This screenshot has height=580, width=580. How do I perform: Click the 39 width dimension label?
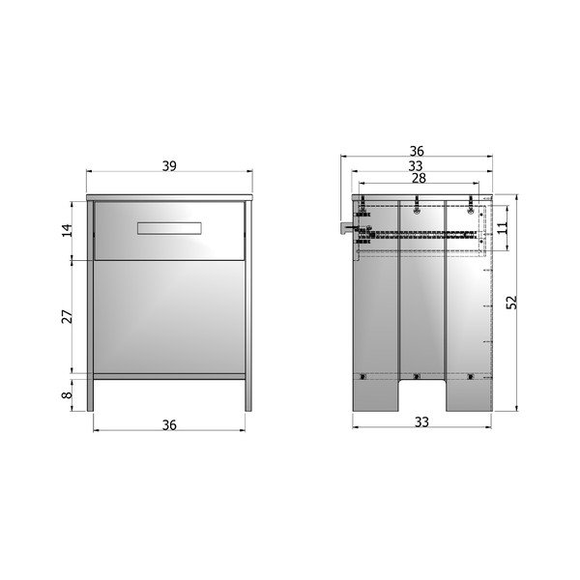(169, 166)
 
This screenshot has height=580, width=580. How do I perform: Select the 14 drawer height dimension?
(67, 230)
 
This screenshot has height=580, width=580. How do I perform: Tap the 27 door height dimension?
(67, 317)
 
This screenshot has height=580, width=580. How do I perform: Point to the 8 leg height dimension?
(67, 394)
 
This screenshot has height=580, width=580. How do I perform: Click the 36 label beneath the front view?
(169, 425)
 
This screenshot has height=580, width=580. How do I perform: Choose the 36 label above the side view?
(417, 151)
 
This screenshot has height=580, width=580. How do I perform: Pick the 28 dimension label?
(419, 178)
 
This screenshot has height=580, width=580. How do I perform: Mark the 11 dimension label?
(503, 227)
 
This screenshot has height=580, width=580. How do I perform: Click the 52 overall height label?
(511, 303)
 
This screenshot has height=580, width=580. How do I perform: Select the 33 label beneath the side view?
(421, 422)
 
